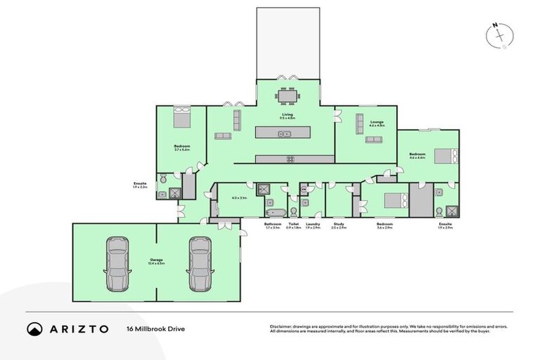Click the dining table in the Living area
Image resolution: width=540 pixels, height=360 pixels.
[x=287, y=96]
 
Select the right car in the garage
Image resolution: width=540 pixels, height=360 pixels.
[x=199, y=264]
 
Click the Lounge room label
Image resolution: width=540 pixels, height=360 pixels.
[x=377, y=123]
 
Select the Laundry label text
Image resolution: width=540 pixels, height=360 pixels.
[x=313, y=224]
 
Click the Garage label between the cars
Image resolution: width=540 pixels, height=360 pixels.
[x=157, y=259]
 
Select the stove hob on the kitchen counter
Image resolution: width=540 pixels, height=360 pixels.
[x=290, y=160]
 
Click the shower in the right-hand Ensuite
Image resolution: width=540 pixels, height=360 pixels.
[x=452, y=209]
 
